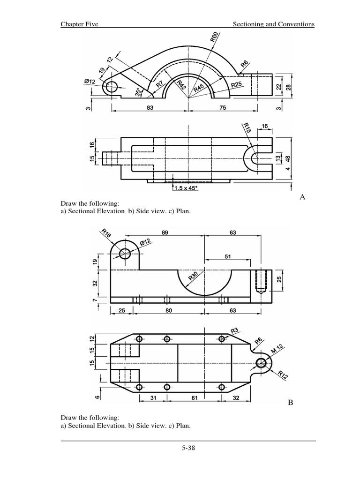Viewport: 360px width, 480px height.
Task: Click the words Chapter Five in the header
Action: click(79, 24)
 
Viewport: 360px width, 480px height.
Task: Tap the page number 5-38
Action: click(188, 448)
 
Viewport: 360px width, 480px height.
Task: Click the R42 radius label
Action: click(182, 85)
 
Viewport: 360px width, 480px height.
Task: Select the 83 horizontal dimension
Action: click(150, 107)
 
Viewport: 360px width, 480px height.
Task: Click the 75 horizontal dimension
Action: click(223, 107)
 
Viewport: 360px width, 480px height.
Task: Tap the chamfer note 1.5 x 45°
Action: click(186, 188)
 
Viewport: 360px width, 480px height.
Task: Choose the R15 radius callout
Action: click(247, 128)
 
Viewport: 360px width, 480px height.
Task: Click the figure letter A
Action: click(302, 197)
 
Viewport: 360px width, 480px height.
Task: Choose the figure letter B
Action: click(290, 402)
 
